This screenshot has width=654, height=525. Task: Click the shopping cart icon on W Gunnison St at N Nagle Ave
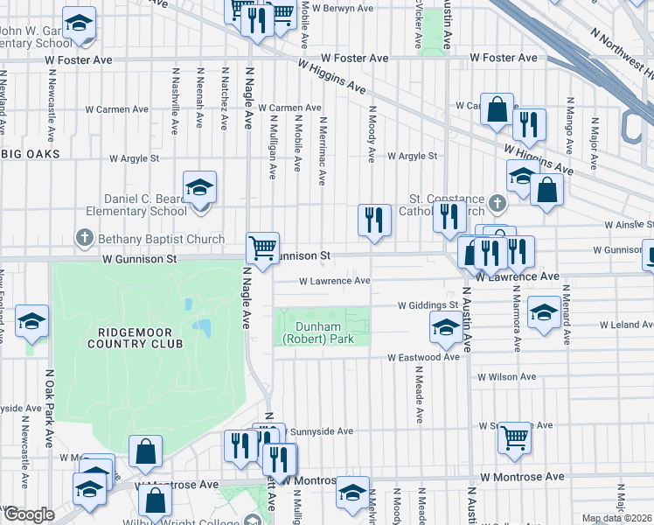point(262,248)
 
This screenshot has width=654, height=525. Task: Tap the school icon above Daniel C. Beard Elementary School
point(199,187)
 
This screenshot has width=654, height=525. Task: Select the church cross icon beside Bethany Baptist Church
point(84,238)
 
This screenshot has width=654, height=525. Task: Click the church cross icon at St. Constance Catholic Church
point(497,204)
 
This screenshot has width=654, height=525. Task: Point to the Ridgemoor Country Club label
point(140,338)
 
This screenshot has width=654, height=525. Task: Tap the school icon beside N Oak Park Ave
point(31,321)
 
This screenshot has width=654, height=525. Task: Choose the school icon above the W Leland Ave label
point(544,311)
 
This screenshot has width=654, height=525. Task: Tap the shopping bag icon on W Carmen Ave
point(497,110)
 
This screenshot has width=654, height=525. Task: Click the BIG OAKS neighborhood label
point(31,154)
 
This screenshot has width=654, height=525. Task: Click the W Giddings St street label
point(428,305)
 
